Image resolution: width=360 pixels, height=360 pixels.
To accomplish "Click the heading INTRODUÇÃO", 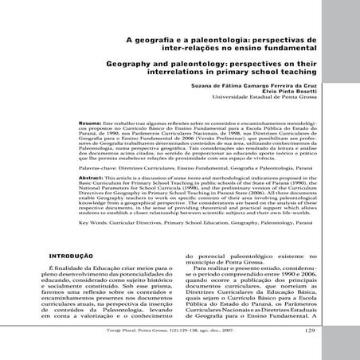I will (x=73, y=256).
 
